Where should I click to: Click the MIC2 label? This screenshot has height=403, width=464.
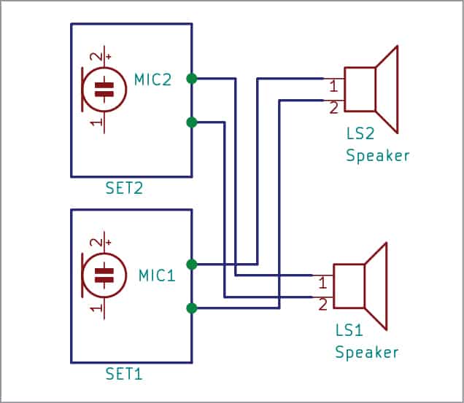(x=152, y=79)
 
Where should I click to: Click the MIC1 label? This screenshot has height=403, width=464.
(x=157, y=275)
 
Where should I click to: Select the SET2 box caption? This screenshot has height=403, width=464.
(x=124, y=189)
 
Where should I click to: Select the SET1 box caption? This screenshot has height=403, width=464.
(x=124, y=375)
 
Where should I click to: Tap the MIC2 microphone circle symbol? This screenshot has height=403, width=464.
(x=105, y=89)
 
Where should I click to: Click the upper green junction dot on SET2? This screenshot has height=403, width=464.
(x=191, y=78)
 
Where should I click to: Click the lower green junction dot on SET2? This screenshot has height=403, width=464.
(x=191, y=122)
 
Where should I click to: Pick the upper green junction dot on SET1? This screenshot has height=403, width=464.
(x=191, y=264)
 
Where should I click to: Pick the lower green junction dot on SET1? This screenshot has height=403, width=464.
(x=191, y=308)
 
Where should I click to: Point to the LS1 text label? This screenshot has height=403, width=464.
(x=349, y=331)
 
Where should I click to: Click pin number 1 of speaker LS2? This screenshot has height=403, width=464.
(x=333, y=87)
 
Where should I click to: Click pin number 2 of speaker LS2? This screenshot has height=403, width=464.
(x=333, y=109)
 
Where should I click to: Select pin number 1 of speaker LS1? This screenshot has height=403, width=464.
(x=322, y=283)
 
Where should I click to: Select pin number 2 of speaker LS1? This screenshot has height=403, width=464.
(x=322, y=305)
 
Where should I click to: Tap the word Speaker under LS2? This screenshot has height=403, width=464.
(x=377, y=156)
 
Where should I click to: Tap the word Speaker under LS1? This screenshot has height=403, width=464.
(x=366, y=353)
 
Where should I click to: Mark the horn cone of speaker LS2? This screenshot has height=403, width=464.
(x=387, y=90)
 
